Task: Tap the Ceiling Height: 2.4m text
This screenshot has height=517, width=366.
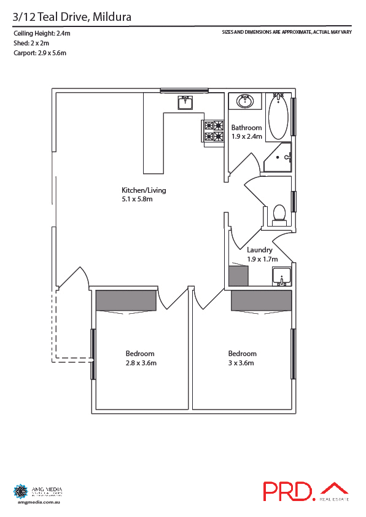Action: click(x=42, y=34)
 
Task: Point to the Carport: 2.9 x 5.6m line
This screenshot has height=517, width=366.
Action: click(x=39, y=53)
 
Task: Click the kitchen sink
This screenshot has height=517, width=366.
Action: click(x=185, y=103)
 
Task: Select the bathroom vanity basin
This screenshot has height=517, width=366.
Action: click(x=246, y=101)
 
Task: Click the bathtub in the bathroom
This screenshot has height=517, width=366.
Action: click(x=278, y=116)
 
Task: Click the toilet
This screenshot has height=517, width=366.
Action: click(x=279, y=212)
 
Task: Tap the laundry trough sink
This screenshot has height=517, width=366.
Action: click(x=281, y=276)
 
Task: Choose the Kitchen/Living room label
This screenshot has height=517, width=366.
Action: click(x=144, y=190)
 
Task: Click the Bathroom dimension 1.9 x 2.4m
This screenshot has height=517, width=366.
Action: click(x=246, y=136)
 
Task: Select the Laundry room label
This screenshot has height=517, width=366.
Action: click(x=259, y=251)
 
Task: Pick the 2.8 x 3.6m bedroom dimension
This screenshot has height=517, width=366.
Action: click(x=140, y=363)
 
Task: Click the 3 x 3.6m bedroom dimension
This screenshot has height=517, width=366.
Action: click(x=241, y=363)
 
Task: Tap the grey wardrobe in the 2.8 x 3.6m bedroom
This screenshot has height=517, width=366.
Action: click(x=126, y=300)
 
